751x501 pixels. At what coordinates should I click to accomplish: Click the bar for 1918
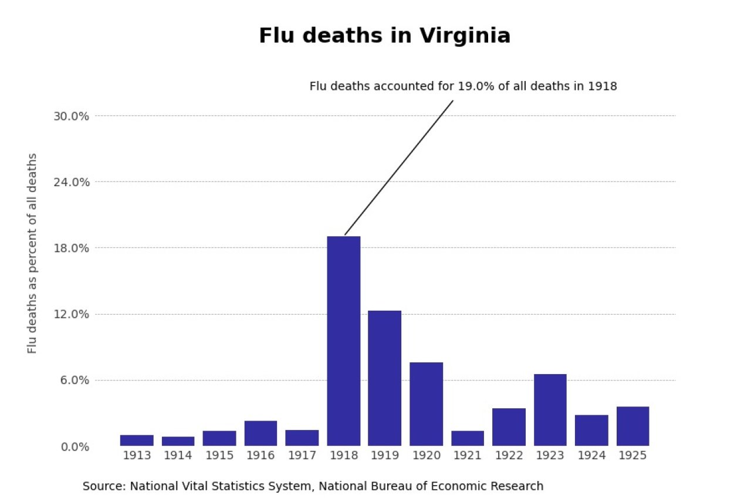pos(344,341)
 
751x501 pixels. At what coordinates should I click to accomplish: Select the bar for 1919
pos(385,378)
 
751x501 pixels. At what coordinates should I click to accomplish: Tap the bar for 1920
pos(426,404)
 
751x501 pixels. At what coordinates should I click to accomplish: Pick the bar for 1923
pos(550,409)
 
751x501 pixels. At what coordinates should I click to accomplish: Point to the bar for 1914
pos(178,441)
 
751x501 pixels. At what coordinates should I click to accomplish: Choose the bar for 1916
pos(261,433)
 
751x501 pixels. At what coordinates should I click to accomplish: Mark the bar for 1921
pos(468,438)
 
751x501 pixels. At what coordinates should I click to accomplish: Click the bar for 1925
pos(632,426)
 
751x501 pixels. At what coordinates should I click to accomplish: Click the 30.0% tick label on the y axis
pos(71,116)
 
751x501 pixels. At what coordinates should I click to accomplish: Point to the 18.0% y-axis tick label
pos(71,248)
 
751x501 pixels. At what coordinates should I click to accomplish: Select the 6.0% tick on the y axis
pos(74,380)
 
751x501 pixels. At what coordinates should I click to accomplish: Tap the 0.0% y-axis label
pos(74,446)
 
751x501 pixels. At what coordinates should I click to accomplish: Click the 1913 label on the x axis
pos(137,456)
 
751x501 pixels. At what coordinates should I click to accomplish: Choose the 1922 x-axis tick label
pos(509,456)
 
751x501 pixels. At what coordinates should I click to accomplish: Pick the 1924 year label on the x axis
pos(591,456)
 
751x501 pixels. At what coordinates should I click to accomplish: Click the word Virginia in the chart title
pos(465,36)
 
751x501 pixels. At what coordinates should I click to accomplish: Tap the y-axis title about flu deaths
pos(32,253)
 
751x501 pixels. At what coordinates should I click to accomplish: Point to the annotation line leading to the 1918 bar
pos(399,167)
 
